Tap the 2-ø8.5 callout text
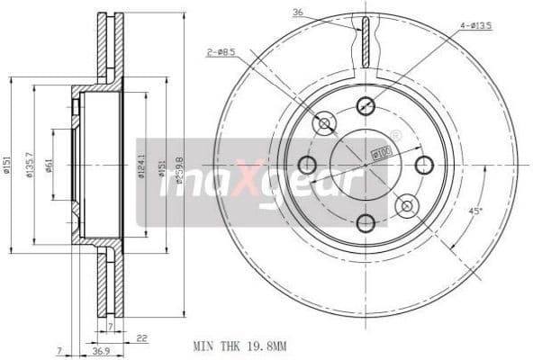coord(221,53)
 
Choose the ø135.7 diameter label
coord(30,165)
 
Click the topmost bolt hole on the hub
coord(366,105)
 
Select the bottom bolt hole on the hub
coord(366,222)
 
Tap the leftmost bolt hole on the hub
coord(307,165)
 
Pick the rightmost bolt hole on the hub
coord(424,165)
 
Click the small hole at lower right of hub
coord(407,206)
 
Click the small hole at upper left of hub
coord(323,123)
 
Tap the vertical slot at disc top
coord(366,42)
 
